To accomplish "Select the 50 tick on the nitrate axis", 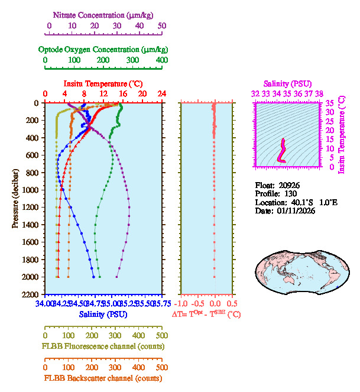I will [162, 26].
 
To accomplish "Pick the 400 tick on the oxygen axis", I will [161, 60].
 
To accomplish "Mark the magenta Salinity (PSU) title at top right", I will [287, 84].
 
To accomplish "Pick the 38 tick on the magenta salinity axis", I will [319, 94].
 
